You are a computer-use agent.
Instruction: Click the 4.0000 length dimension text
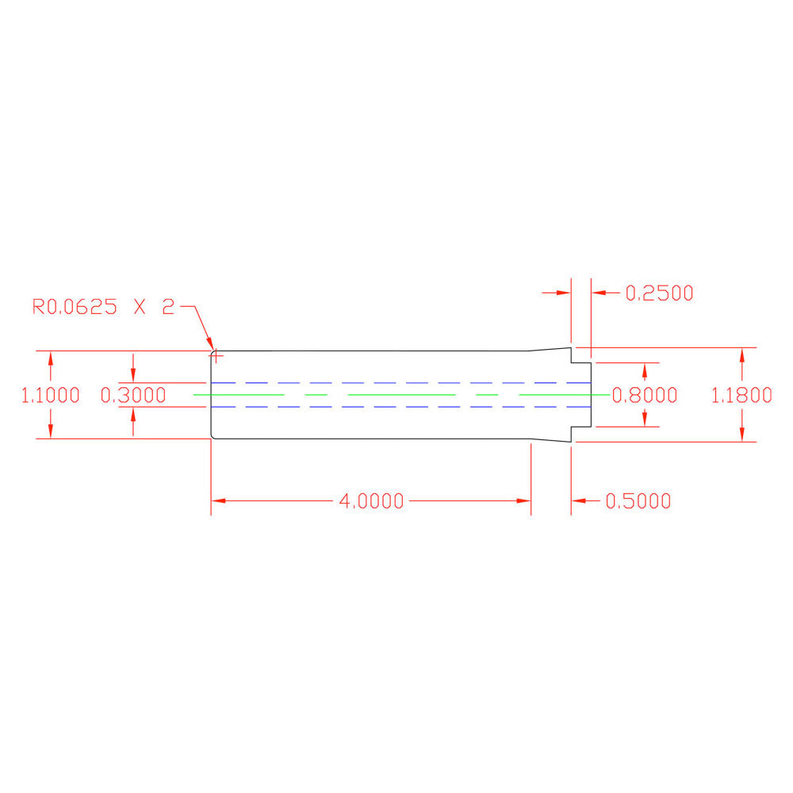371,501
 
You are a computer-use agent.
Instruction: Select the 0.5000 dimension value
638,501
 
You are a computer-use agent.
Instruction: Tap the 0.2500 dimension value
659,293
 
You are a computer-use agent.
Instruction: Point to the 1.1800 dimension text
741,395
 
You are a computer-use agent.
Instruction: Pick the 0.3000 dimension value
133,395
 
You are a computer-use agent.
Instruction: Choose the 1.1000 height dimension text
51,395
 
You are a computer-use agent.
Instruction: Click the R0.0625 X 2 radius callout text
102,308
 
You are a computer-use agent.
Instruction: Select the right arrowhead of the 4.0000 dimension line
523,501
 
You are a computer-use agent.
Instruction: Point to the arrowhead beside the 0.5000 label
578,501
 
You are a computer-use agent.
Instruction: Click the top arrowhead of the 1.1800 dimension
741,354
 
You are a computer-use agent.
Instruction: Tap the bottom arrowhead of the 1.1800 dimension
741,434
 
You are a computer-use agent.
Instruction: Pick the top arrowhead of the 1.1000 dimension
51,358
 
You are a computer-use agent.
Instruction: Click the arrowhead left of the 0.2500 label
564,293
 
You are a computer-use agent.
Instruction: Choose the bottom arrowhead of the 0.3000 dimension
133,414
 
